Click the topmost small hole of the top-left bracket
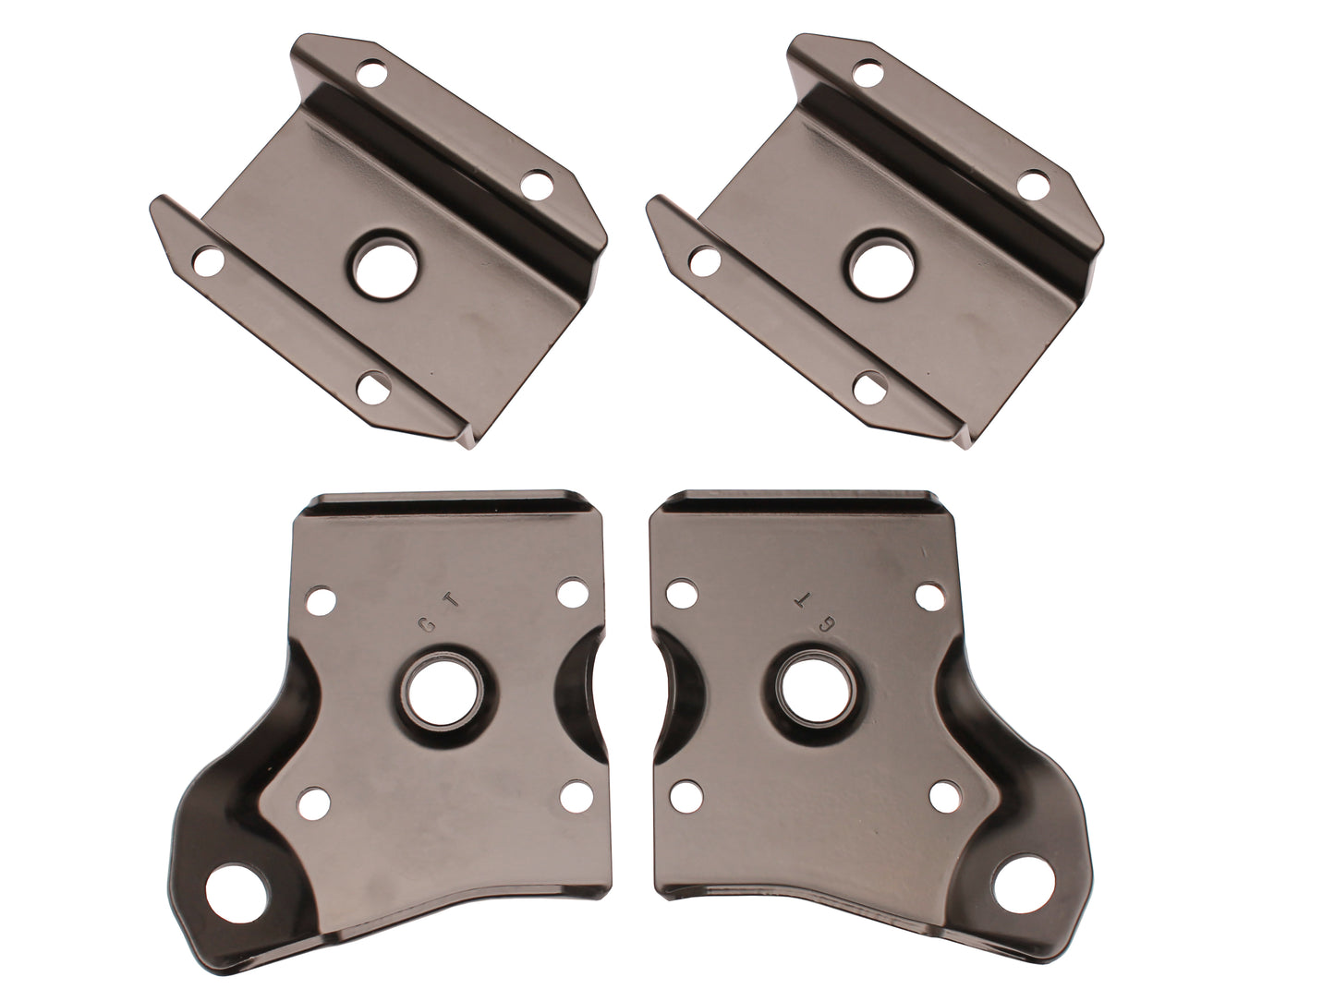tap(372, 70)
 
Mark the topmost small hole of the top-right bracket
tap(869, 71)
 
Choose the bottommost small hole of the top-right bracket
tap(870, 386)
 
